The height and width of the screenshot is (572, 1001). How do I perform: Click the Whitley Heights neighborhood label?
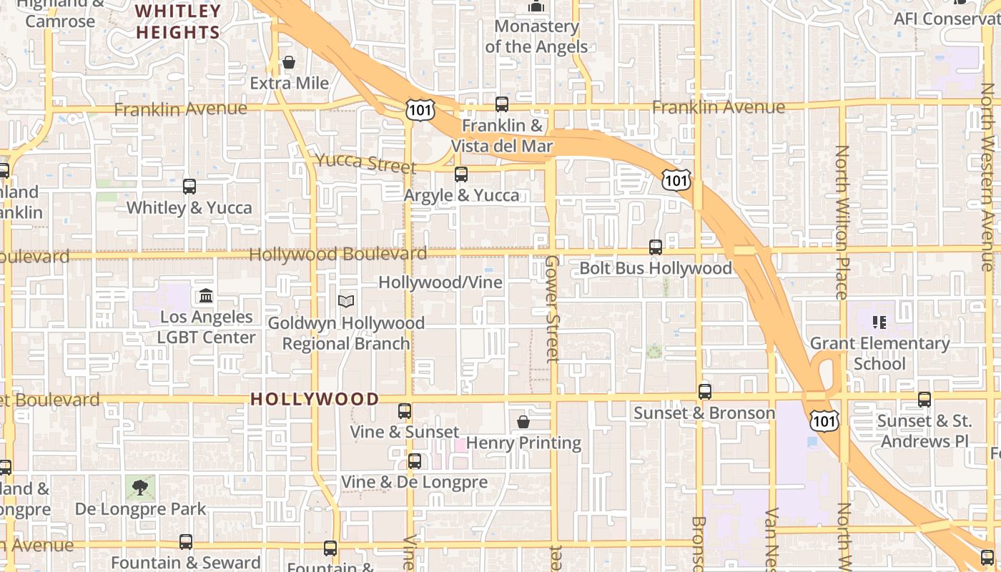pyautogui.click(x=178, y=21)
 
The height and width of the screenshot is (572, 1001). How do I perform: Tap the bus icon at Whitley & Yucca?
pyautogui.click(x=189, y=187)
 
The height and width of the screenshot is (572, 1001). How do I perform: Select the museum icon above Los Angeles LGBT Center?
pyautogui.click(x=206, y=295)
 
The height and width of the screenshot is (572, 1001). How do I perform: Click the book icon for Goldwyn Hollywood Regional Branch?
pyautogui.click(x=346, y=302)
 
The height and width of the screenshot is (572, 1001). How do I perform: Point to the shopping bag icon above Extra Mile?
pyautogui.click(x=289, y=63)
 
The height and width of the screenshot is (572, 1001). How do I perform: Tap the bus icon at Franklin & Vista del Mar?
pyautogui.click(x=502, y=104)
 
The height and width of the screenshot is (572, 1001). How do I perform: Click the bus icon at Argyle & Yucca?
pyautogui.click(x=461, y=174)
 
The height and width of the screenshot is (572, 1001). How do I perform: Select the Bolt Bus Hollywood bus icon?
pyautogui.click(x=656, y=247)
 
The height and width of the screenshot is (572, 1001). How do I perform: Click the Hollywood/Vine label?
pyautogui.click(x=440, y=282)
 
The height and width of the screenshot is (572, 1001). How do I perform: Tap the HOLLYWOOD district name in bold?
pyautogui.click(x=315, y=399)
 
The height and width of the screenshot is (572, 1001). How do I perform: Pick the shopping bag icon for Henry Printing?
pyautogui.click(x=523, y=422)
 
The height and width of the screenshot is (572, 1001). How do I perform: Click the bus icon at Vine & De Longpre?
pyautogui.click(x=415, y=461)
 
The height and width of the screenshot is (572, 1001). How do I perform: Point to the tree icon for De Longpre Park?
pyautogui.click(x=140, y=488)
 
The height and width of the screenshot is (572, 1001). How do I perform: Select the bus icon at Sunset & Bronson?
pyautogui.click(x=705, y=392)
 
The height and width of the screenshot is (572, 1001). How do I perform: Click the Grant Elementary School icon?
pyautogui.click(x=879, y=322)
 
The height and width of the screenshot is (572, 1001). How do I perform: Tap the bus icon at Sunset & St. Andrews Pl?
pyautogui.click(x=924, y=400)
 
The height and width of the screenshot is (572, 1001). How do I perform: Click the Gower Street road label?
pyautogui.click(x=552, y=308)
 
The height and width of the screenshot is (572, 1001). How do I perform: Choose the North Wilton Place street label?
pyautogui.click(x=842, y=222)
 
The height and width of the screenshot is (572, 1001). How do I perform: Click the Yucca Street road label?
pyautogui.click(x=365, y=163)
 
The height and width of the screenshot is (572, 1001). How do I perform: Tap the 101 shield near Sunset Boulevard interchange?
pyautogui.click(x=824, y=421)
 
